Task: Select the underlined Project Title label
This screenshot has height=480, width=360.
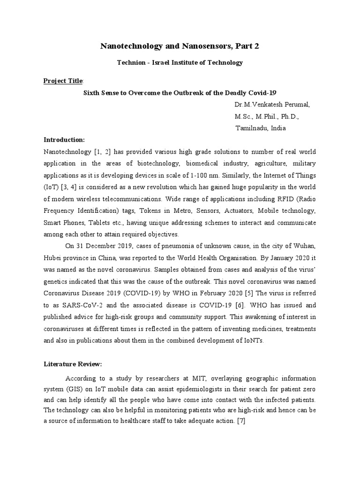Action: point(62,80)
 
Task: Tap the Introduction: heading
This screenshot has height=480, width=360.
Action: point(64,140)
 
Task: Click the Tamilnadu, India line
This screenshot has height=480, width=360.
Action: point(260,128)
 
